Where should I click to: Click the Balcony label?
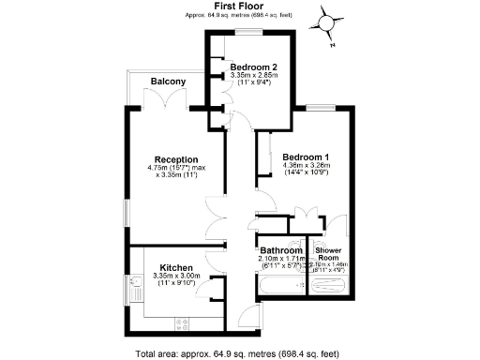(x=168, y=82)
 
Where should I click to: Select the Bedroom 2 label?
(x=254, y=67)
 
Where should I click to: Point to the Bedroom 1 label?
(x=306, y=157)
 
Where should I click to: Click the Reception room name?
(x=176, y=158)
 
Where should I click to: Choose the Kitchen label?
(x=176, y=267)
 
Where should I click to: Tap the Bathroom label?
(x=281, y=250)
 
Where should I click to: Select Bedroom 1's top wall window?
(x=313, y=111)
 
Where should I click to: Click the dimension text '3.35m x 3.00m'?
(x=176, y=277)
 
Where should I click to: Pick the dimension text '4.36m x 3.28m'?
(x=306, y=166)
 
